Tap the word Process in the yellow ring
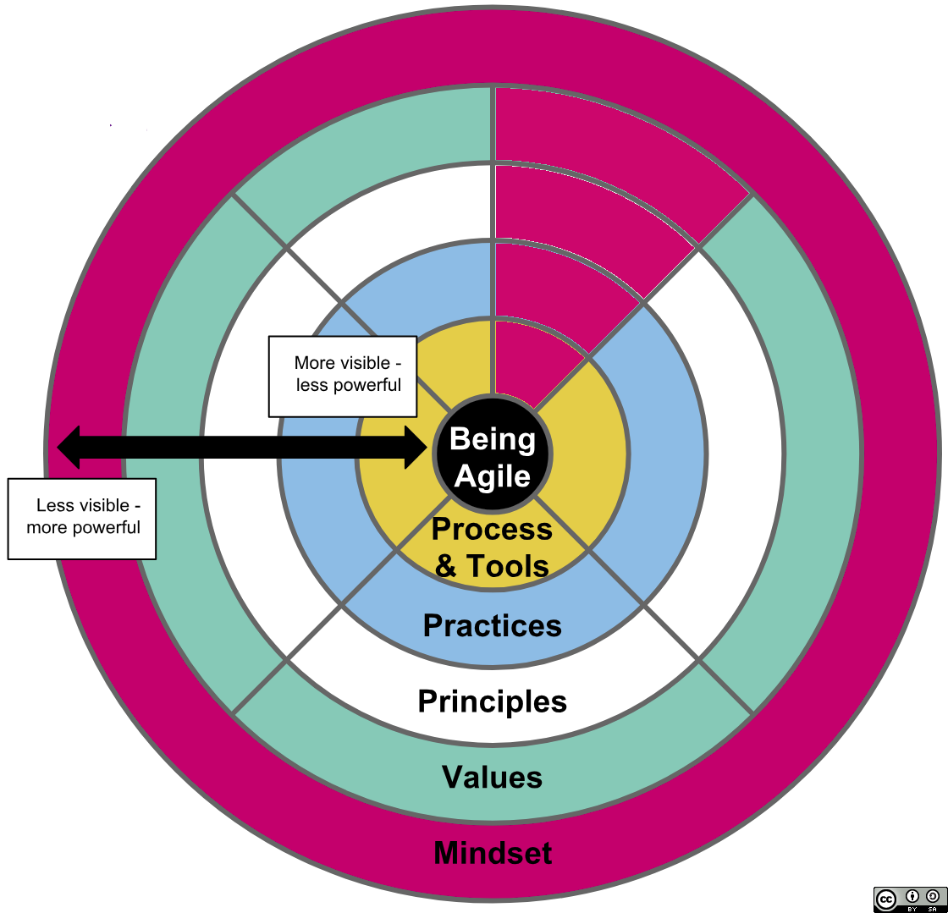click(492, 529)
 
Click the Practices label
click(492, 625)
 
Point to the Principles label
click(492, 701)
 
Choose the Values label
click(492, 776)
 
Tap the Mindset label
click(492, 852)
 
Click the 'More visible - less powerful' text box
click(343, 376)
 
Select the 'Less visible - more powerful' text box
click(82, 518)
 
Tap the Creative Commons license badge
click(909, 899)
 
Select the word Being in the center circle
click(492, 438)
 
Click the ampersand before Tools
click(445, 565)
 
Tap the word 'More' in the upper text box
click(311, 364)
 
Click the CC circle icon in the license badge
click(886, 899)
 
